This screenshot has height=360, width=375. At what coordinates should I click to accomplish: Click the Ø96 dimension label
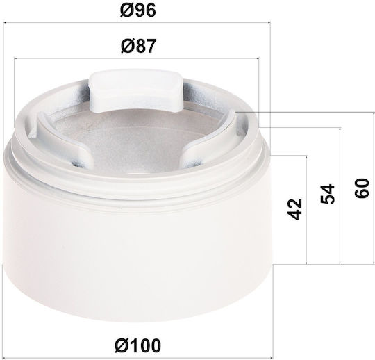point(138,10)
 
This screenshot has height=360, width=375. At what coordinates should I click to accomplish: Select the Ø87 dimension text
point(138,46)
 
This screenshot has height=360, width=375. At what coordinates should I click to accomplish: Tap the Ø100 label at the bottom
point(138,345)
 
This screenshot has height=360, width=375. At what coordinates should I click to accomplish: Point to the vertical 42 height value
point(295,209)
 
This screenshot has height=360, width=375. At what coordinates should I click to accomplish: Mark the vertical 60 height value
point(362,188)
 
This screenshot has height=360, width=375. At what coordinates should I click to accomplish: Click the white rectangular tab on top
point(136,90)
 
